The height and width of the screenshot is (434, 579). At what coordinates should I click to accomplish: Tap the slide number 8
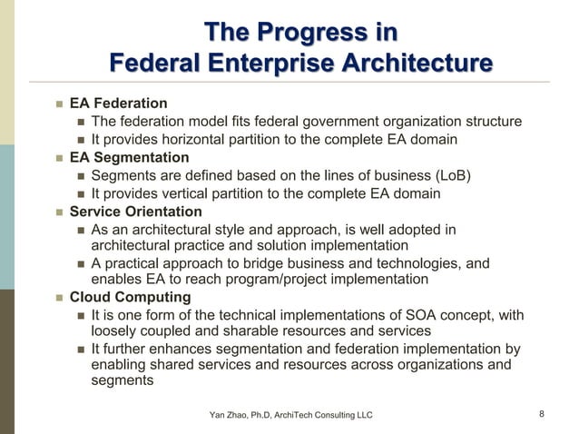[542, 415]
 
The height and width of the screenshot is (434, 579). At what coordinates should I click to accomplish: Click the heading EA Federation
[119, 104]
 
